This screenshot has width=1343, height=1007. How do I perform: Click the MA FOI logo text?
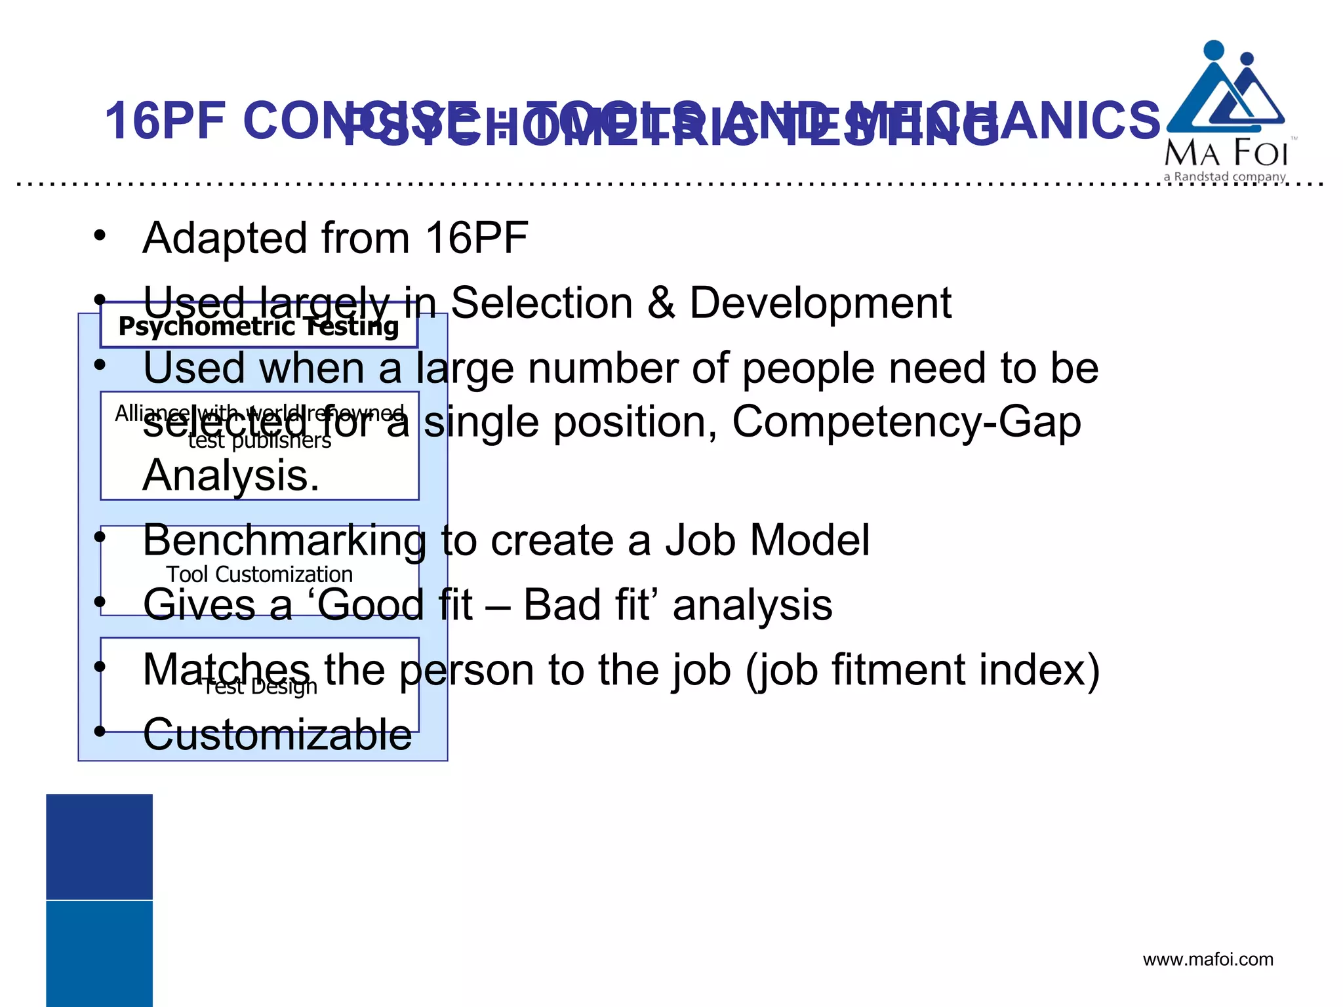pos(1226,153)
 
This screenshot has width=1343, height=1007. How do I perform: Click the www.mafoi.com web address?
pos(1208,960)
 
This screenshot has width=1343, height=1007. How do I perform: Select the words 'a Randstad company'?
pos(1224,177)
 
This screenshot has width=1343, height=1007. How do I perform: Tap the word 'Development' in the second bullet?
pos(820,303)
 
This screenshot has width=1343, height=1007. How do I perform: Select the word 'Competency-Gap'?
pos(906,422)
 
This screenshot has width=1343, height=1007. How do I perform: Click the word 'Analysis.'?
pos(231,475)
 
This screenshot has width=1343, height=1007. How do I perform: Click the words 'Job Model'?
pos(767,541)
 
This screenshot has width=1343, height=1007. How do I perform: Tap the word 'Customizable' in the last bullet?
pos(277,734)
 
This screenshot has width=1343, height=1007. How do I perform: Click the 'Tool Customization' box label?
pos(259,574)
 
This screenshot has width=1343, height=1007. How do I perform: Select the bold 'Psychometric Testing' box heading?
pos(258,326)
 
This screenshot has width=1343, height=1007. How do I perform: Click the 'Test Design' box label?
pos(259,686)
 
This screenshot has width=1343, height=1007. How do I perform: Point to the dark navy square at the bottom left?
pos(99,846)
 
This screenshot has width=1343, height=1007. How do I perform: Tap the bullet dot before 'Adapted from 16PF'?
pos(99,235)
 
